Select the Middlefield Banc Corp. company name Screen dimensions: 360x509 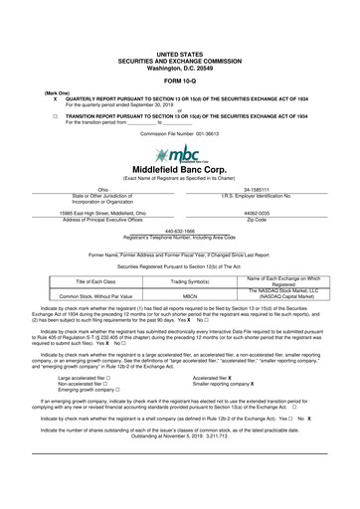click(180, 170)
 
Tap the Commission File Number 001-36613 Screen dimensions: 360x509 click(180, 131)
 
